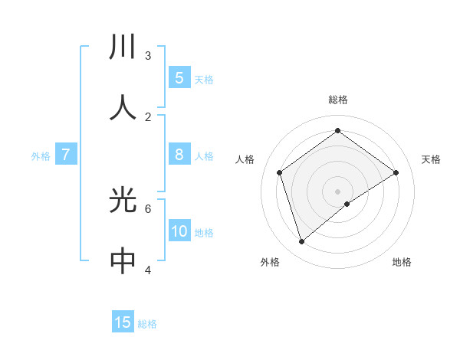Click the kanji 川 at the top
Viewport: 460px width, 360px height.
coord(123,47)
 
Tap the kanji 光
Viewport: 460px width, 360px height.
coord(123,200)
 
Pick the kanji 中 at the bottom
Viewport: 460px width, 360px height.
coord(123,261)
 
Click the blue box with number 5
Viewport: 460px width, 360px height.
coord(179,77)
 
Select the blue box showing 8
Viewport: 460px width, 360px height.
coord(179,155)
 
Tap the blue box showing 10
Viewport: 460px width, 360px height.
coord(179,231)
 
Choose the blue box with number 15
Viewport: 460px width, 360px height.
coord(123,322)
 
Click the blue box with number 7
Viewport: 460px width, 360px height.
coord(66,155)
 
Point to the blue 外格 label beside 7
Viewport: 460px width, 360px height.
coord(41,156)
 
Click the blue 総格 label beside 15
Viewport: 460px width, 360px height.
coord(147,324)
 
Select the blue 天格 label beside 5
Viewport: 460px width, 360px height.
coord(204,79)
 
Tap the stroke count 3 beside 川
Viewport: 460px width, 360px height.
coord(148,55)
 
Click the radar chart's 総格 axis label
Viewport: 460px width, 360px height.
coord(337,100)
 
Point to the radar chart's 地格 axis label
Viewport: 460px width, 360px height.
coord(402,262)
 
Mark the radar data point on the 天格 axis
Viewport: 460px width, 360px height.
coord(396,172)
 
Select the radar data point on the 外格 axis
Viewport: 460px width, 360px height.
coord(301,241)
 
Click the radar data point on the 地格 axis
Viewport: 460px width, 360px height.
coord(347,203)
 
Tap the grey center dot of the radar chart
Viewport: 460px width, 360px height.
coord(337,190)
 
